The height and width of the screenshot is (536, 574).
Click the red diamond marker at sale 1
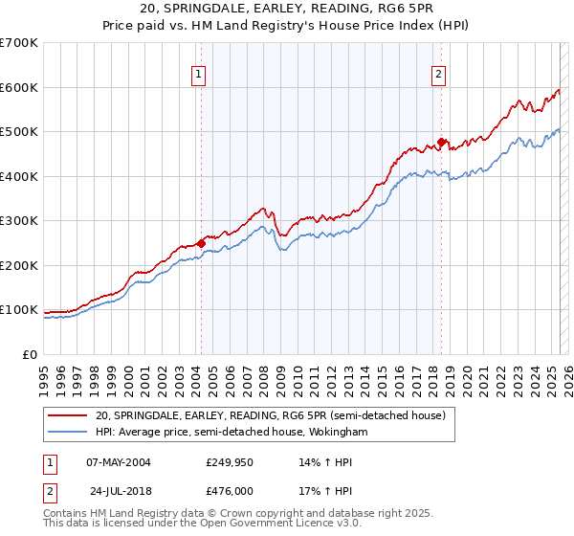point(201,243)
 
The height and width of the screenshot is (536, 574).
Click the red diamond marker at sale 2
point(442,143)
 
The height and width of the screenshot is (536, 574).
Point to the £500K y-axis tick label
point(19,132)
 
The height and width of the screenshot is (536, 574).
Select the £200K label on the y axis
point(19,265)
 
